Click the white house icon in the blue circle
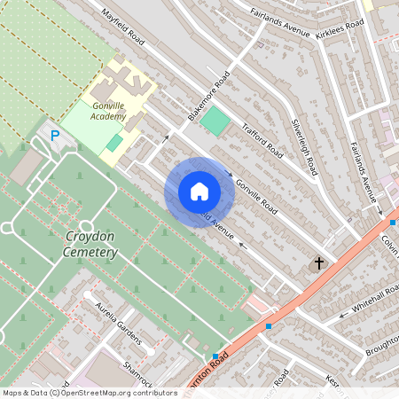pos(199,192)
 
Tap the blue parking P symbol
pos(55,136)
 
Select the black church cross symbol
pos(318,264)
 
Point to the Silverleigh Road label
pos(305,147)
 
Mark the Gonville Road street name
pos(256,196)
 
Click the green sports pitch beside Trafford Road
pos(215,121)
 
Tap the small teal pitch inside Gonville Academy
pos(114,143)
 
